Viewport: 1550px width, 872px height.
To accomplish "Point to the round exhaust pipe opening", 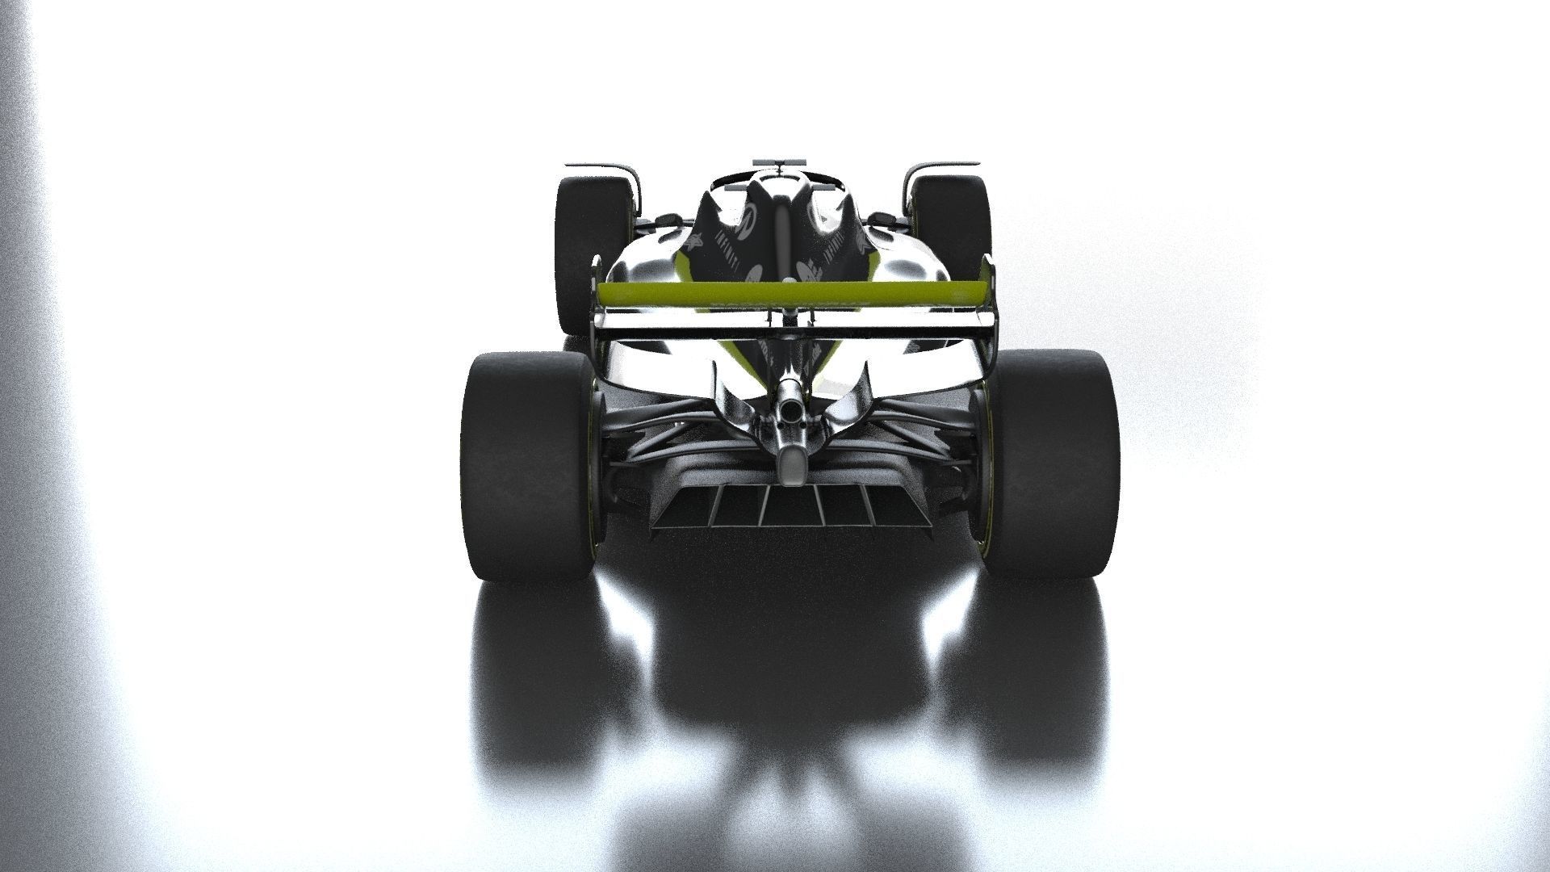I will [792, 412].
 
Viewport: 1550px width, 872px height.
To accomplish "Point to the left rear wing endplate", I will [597, 299].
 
